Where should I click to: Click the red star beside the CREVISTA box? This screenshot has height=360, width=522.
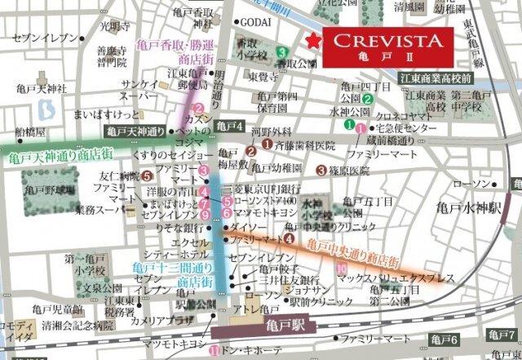click(x=311, y=42)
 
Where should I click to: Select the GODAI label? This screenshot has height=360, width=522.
click(x=255, y=22)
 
